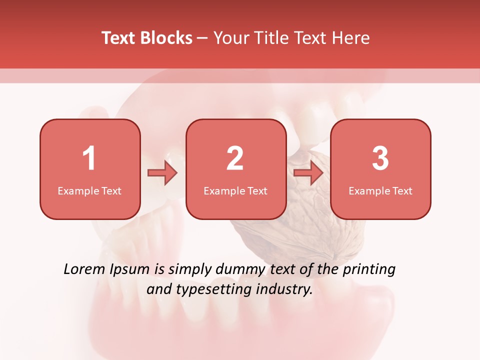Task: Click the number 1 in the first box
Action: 89,158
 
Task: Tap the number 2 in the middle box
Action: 235,158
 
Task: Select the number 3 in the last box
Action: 380,158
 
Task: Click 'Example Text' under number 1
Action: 89,190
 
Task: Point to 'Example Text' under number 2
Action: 235,190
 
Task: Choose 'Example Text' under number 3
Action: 380,190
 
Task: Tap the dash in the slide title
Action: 203,38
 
